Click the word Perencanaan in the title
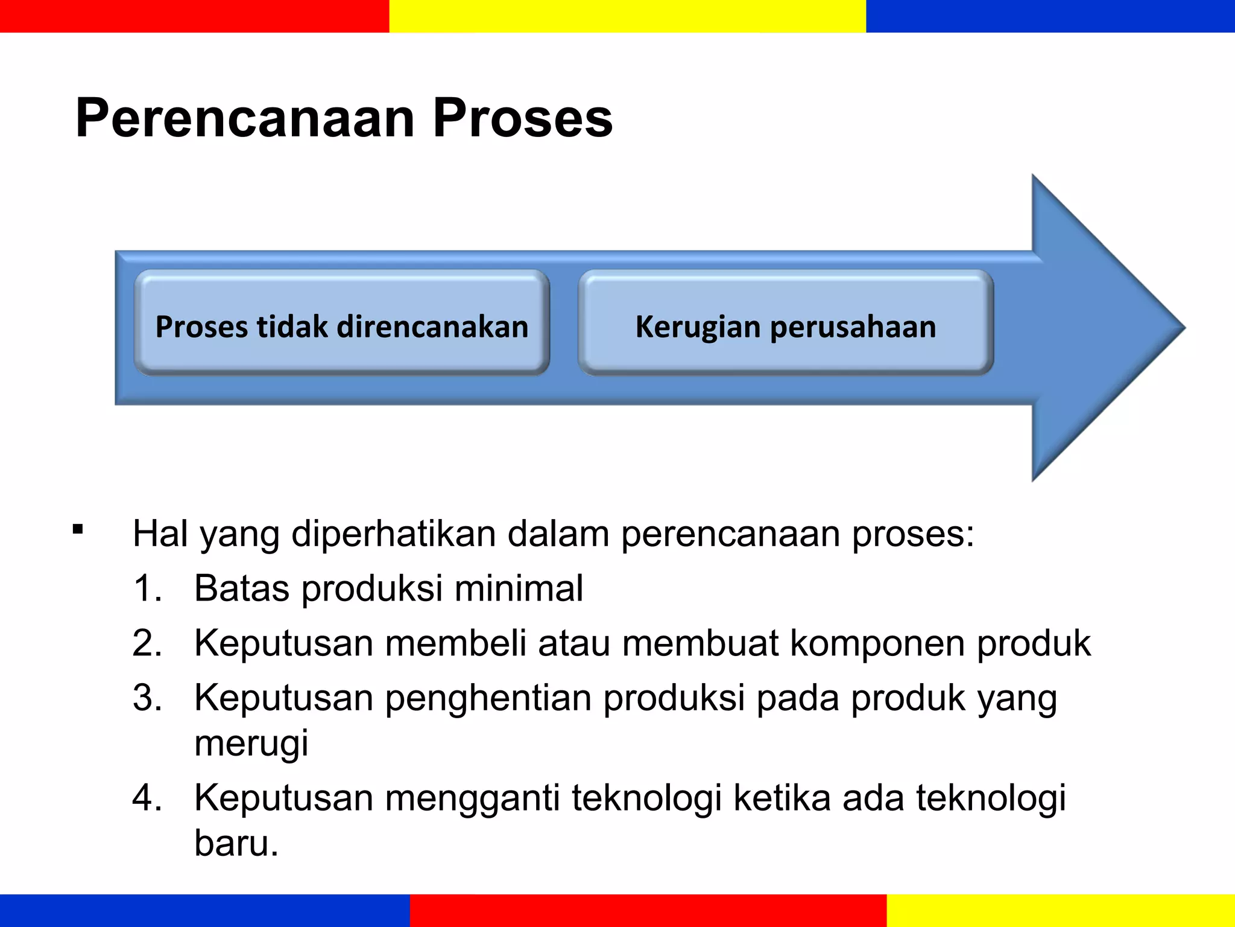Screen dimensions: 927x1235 245,118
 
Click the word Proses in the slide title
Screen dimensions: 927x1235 522,118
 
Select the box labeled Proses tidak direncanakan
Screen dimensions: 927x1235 342,323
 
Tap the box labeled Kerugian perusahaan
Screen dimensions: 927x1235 786,323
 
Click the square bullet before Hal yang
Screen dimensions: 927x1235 77,530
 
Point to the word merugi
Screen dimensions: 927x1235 251,744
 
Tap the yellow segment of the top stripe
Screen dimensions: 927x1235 627,16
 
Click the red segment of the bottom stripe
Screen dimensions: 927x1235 648,910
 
